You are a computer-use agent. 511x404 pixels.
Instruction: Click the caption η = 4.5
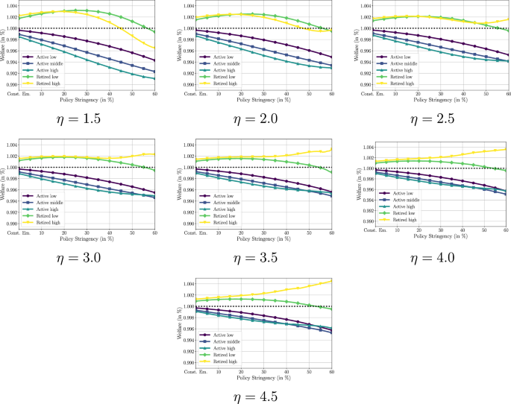(254, 396)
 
